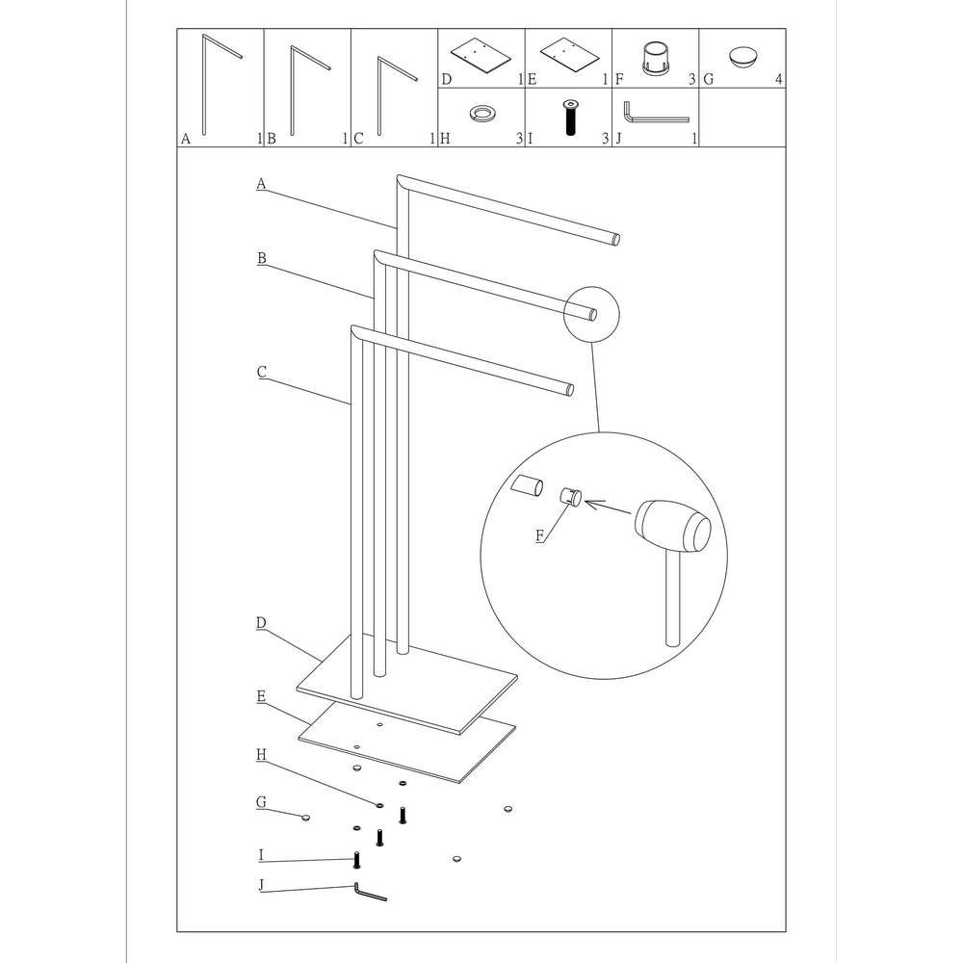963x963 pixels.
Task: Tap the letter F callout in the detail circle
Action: click(540, 535)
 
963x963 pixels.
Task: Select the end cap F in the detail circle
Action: click(570, 496)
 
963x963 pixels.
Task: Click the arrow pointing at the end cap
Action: click(608, 508)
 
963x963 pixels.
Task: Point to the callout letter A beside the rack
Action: click(261, 184)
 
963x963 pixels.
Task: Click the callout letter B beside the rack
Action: click(262, 258)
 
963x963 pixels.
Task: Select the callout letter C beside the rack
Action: click(262, 372)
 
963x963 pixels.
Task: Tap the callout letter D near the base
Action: click(261, 623)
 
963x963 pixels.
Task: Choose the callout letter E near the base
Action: click(261, 696)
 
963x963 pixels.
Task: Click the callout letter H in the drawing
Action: click(262, 755)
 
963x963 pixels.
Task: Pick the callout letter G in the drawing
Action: click(262, 802)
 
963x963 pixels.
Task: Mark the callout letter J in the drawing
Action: click(261, 885)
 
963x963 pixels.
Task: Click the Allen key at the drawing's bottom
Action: click(370, 893)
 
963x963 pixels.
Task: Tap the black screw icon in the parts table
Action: click(570, 117)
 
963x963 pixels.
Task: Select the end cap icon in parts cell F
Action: click(655, 59)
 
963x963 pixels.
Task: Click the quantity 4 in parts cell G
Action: click(779, 79)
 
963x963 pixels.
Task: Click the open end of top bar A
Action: click(615, 239)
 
